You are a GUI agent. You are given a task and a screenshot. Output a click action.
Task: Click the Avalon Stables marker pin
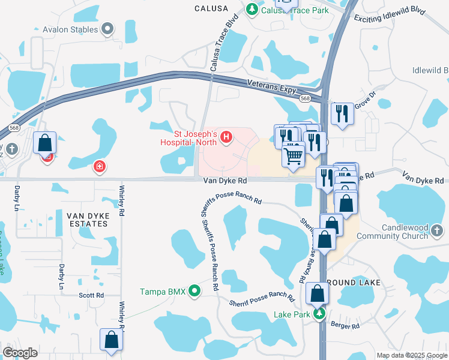click(108, 29)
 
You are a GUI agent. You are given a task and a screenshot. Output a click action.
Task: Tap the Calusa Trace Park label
click(295, 10)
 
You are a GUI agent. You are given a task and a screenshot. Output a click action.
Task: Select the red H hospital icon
click(226, 138)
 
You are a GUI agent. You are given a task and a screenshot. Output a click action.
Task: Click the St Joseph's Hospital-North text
click(186, 139)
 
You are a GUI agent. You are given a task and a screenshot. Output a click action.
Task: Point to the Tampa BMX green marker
click(194, 292)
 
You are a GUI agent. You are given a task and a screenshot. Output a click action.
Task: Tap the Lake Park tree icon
click(321, 314)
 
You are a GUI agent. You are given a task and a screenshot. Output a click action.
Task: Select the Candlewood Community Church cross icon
click(438, 230)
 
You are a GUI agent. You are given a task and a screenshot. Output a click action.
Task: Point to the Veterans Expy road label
click(272, 86)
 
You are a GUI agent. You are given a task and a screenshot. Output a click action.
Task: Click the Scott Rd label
click(91, 295)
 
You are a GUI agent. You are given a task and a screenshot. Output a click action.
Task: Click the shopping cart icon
click(293, 155)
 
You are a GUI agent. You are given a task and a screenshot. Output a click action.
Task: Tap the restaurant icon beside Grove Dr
click(342, 113)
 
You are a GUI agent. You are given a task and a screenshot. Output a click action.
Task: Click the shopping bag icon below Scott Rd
click(112, 340)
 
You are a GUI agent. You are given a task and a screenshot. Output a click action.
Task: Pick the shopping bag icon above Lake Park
click(317, 294)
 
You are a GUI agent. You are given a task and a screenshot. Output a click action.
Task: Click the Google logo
click(20, 353)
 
